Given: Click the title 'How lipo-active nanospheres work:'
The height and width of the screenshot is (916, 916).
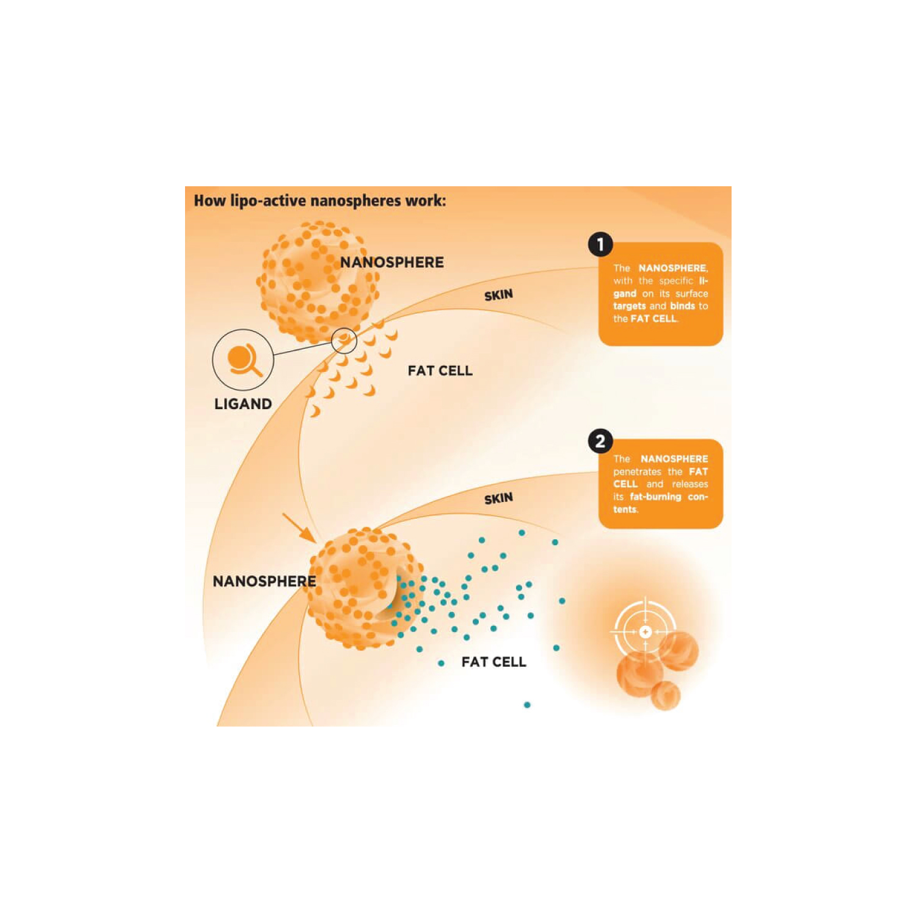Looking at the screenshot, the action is [x=319, y=201].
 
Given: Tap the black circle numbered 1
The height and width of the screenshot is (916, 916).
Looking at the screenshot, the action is [x=600, y=244].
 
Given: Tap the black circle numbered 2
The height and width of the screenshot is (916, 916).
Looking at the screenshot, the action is [x=600, y=441].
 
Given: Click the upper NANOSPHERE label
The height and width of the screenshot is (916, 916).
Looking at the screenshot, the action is [x=392, y=263].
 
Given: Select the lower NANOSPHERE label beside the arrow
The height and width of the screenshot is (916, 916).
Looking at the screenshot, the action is [x=264, y=581].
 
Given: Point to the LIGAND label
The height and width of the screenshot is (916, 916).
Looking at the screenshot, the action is [x=243, y=404].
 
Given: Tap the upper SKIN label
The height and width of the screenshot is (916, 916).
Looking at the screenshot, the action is [x=498, y=296].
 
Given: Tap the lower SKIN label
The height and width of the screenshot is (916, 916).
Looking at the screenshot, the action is [x=498, y=499].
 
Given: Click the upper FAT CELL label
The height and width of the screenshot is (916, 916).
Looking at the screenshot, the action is [x=440, y=371].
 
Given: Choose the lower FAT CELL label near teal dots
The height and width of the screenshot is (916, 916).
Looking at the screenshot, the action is [x=494, y=662].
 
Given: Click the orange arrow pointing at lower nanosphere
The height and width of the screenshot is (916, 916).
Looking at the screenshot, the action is [x=299, y=528].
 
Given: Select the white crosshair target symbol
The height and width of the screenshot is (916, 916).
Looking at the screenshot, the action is [x=645, y=631].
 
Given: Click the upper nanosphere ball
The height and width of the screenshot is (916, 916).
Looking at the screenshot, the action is [x=318, y=282].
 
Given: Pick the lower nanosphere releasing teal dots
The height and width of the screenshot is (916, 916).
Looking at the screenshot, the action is [x=365, y=588].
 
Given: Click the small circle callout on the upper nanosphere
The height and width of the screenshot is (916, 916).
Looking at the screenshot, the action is [x=344, y=340].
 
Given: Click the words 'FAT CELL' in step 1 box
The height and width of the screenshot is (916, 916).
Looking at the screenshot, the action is [x=653, y=319].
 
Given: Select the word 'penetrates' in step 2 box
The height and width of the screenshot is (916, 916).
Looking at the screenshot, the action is [x=637, y=472].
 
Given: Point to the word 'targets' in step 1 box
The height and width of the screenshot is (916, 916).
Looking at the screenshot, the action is [x=630, y=307].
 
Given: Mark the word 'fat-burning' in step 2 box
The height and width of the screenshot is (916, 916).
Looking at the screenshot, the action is [x=655, y=497].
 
